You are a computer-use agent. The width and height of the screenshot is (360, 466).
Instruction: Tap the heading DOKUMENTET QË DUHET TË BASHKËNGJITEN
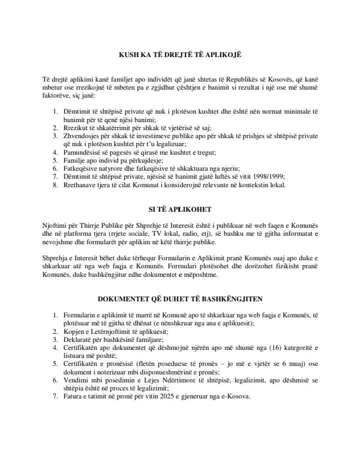(x=179, y=299)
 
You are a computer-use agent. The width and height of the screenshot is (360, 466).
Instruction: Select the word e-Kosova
(x=235, y=396)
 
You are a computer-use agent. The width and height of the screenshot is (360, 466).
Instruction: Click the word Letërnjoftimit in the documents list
(x=115, y=331)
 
